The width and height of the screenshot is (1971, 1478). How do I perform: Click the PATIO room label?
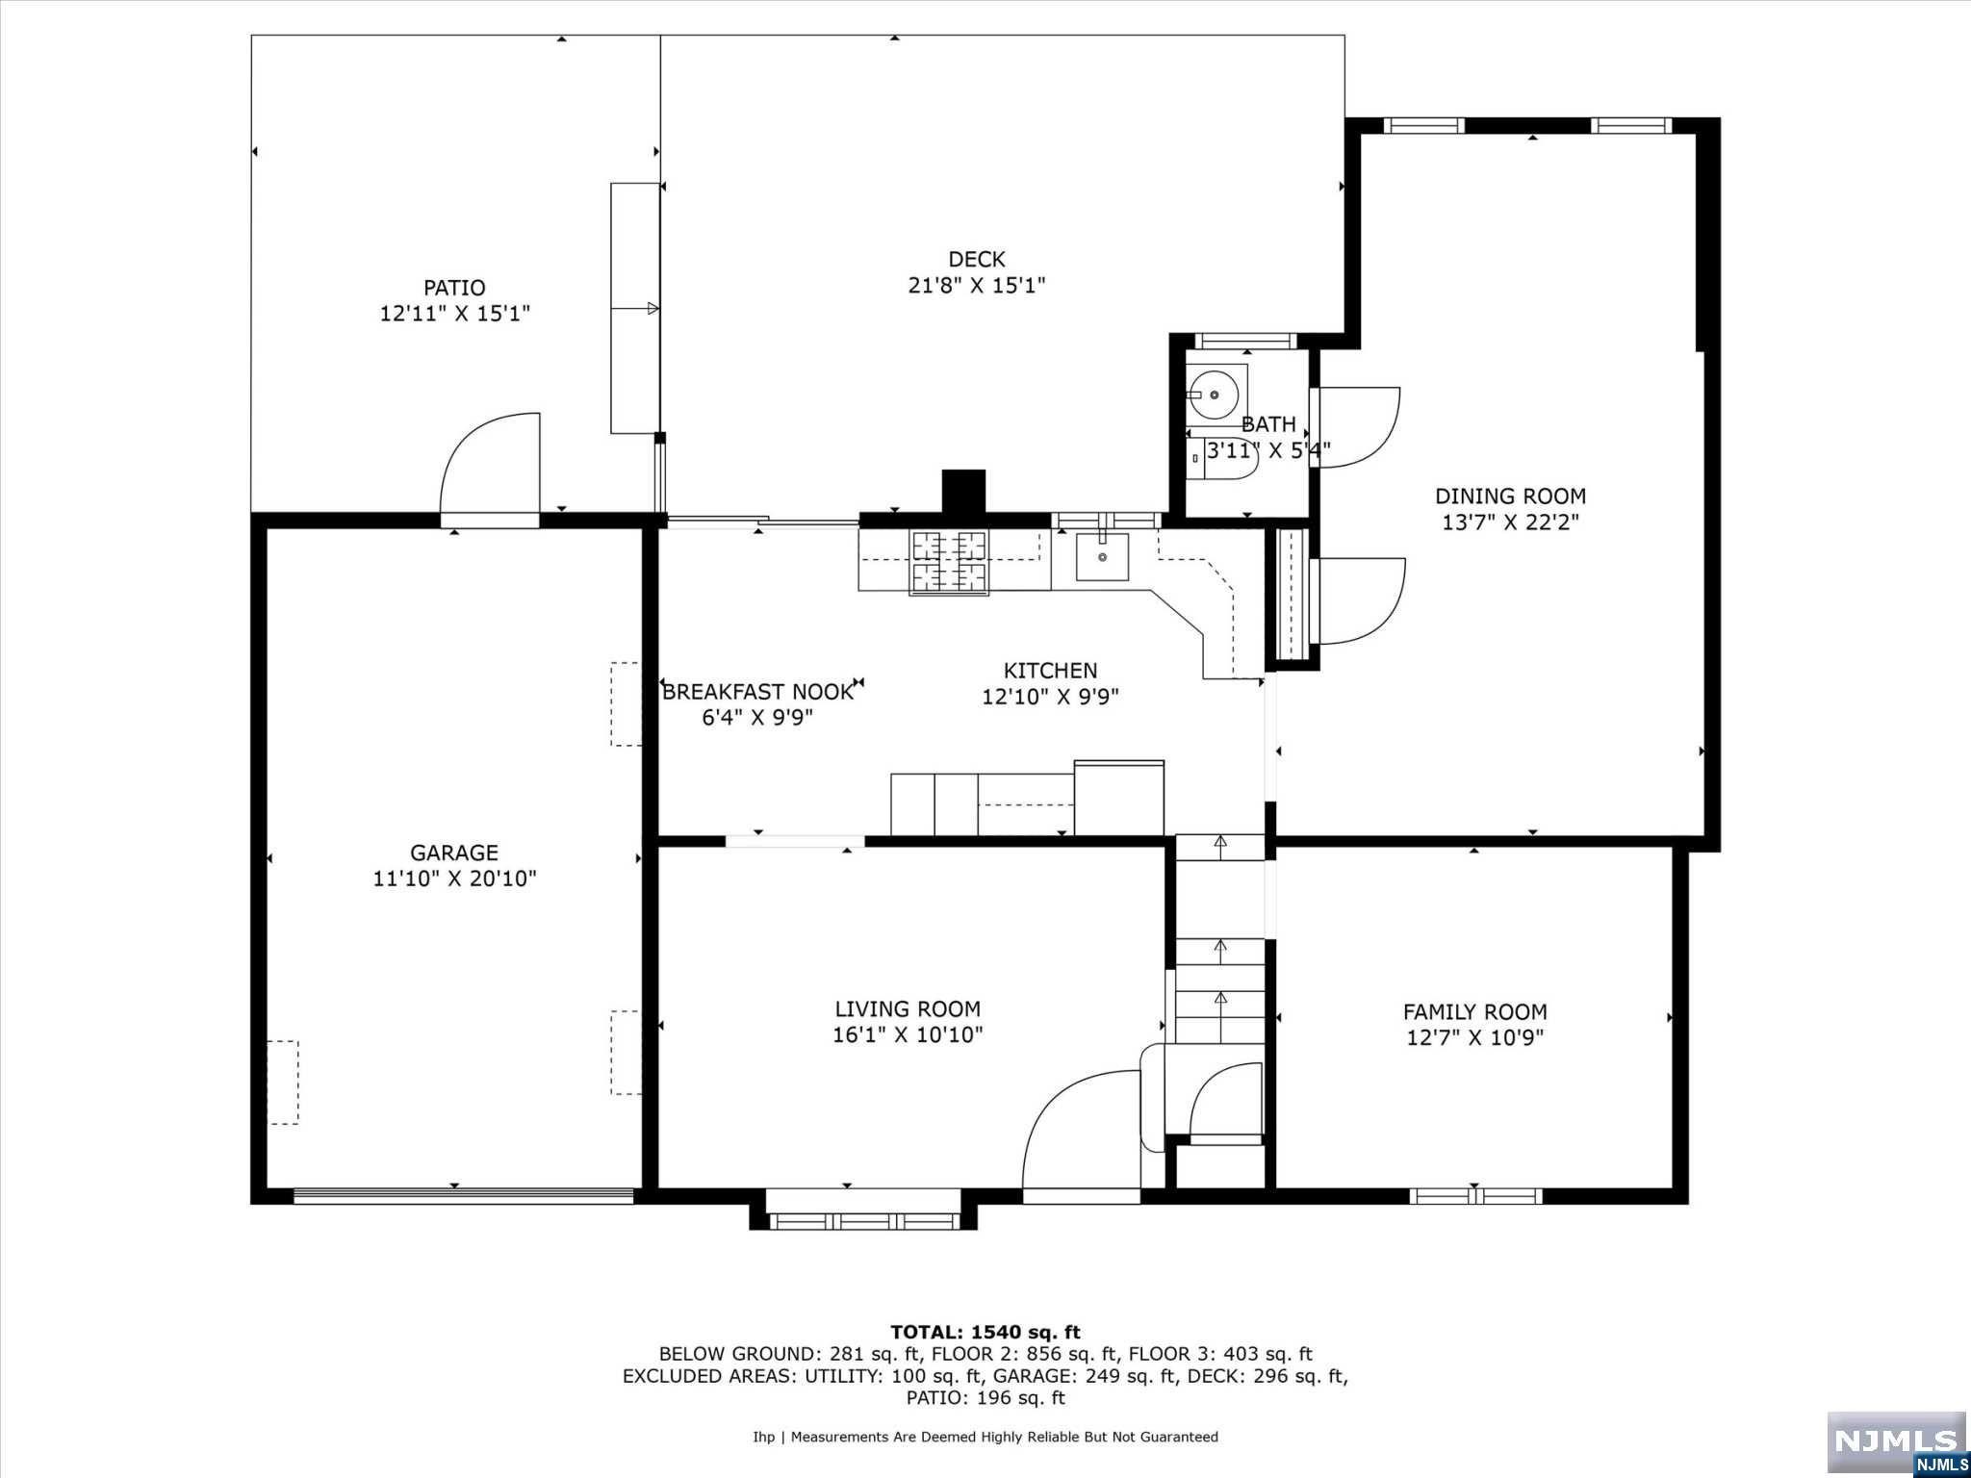click(x=454, y=288)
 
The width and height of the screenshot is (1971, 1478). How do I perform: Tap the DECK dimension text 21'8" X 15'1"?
click(x=977, y=285)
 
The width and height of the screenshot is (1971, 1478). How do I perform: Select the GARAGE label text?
click(x=454, y=853)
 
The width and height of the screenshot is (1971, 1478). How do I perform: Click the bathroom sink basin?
click(x=1215, y=395)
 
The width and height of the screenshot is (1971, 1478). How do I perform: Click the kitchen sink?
click(x=1102, y=557)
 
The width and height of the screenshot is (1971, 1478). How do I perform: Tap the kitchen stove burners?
click(x=949, y=562)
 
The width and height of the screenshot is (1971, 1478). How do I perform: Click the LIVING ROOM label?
click(x=908, y=1008)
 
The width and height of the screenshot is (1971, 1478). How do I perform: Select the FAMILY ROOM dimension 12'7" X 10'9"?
click(x=1475, y=1037)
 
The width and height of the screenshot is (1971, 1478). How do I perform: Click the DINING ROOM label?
click(x=1511, y=497)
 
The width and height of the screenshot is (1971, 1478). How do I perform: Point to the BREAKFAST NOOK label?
click(x=757, y=692)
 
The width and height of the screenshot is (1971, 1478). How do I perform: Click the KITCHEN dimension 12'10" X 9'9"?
click(x=1050, y=696)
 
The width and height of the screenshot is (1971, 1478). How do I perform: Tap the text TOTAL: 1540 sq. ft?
click(x=985, y=1333)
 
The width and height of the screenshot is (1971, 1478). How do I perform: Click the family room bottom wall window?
click(x=1475, y=1196)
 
